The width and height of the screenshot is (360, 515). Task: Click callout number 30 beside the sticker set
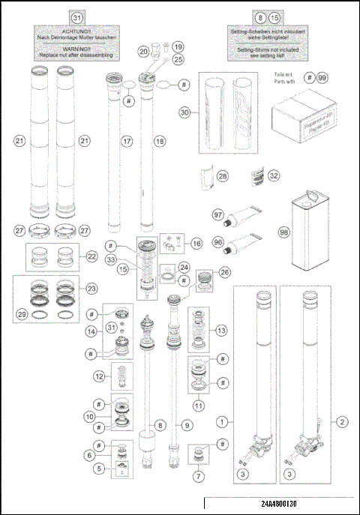tap(184, 112)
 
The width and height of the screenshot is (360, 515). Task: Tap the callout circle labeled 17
tap(127, 140)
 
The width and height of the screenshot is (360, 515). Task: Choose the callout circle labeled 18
tap(158, 140)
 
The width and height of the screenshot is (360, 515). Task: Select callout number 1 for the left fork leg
tap(222, 422)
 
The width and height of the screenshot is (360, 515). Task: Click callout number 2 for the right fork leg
tap(342, 422)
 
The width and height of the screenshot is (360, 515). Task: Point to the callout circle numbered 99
tap(321, 78)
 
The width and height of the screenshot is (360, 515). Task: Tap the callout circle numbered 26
tap(224, 272)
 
